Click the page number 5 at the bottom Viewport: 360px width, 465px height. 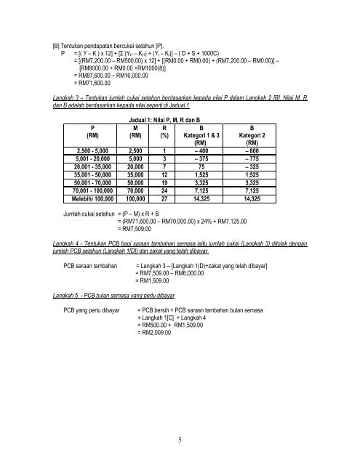point(180,438)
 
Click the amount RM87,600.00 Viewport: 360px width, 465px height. point(90,75)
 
